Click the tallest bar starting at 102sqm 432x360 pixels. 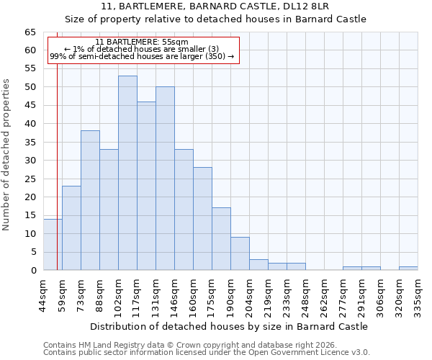pyautogui.click(x=127, y=173)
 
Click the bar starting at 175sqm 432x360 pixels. pyautogui.click(x=221, y=239)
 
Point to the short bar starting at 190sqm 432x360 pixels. pyautogui.click(x=240, y=253)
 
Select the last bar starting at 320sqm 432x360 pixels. pyautogui.click(x=408, y=269)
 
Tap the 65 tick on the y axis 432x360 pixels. pyautogui.click(x=30, y=32)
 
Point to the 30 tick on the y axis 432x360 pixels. pyautogui.click(x=30, y=161)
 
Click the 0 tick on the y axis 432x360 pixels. pyautogui.click(x=33, y=270)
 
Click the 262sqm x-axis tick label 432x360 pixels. pyautogui.click(x=324, y=294)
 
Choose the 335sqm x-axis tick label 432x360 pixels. pyautogui.click(x=418, y=294)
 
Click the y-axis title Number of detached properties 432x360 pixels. pyautogui.click(x=7, y=155)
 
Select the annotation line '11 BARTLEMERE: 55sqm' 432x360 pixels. pyautogui.click(x=142, y=42)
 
